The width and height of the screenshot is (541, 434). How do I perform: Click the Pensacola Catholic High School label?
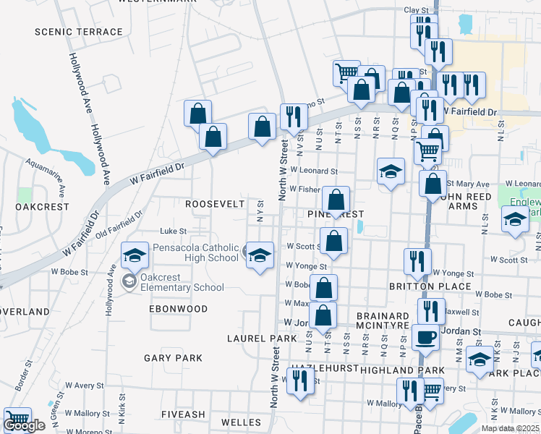coord(195,253)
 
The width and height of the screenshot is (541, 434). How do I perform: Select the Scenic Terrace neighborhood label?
coord(79,32)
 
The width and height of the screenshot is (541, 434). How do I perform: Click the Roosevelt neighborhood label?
coord(215,205)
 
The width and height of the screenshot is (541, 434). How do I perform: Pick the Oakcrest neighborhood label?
coord(42,207)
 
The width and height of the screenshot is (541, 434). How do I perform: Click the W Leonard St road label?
coord(314,171)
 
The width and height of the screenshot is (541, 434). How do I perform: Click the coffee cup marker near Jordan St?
coord(425,336)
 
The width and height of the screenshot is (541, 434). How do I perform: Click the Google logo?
coord(24,426)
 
